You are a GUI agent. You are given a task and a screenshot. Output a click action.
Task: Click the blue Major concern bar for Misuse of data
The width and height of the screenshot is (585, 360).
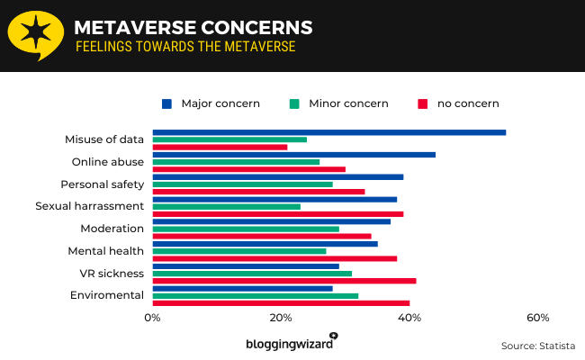328,132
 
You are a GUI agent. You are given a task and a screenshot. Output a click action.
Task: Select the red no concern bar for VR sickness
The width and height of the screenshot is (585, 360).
283,281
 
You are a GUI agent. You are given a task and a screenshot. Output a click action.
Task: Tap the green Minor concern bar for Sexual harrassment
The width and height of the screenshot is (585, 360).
226,206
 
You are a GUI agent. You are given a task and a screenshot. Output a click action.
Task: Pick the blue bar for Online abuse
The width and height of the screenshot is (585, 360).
293,155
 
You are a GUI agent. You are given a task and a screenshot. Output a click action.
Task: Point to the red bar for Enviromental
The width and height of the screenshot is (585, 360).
281,302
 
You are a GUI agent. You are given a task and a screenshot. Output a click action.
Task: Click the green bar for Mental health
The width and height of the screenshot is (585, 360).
238,251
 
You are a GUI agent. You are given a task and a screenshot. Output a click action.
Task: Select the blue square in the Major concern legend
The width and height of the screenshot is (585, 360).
166,103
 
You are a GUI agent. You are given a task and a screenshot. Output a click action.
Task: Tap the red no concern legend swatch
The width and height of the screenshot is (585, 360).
422,103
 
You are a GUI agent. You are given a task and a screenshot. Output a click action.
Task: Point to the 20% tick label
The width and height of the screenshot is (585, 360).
281,318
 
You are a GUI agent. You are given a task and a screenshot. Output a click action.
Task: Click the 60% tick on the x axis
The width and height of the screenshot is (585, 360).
538,318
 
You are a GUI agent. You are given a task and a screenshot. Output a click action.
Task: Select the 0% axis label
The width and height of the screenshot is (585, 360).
152,318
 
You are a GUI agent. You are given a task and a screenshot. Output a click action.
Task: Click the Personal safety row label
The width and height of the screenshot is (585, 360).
102,184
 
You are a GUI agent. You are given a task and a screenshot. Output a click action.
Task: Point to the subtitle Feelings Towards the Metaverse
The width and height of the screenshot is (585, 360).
184,46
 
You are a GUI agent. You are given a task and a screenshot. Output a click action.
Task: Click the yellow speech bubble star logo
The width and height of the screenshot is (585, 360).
34,35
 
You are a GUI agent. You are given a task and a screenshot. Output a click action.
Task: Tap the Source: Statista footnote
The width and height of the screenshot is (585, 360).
537,346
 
